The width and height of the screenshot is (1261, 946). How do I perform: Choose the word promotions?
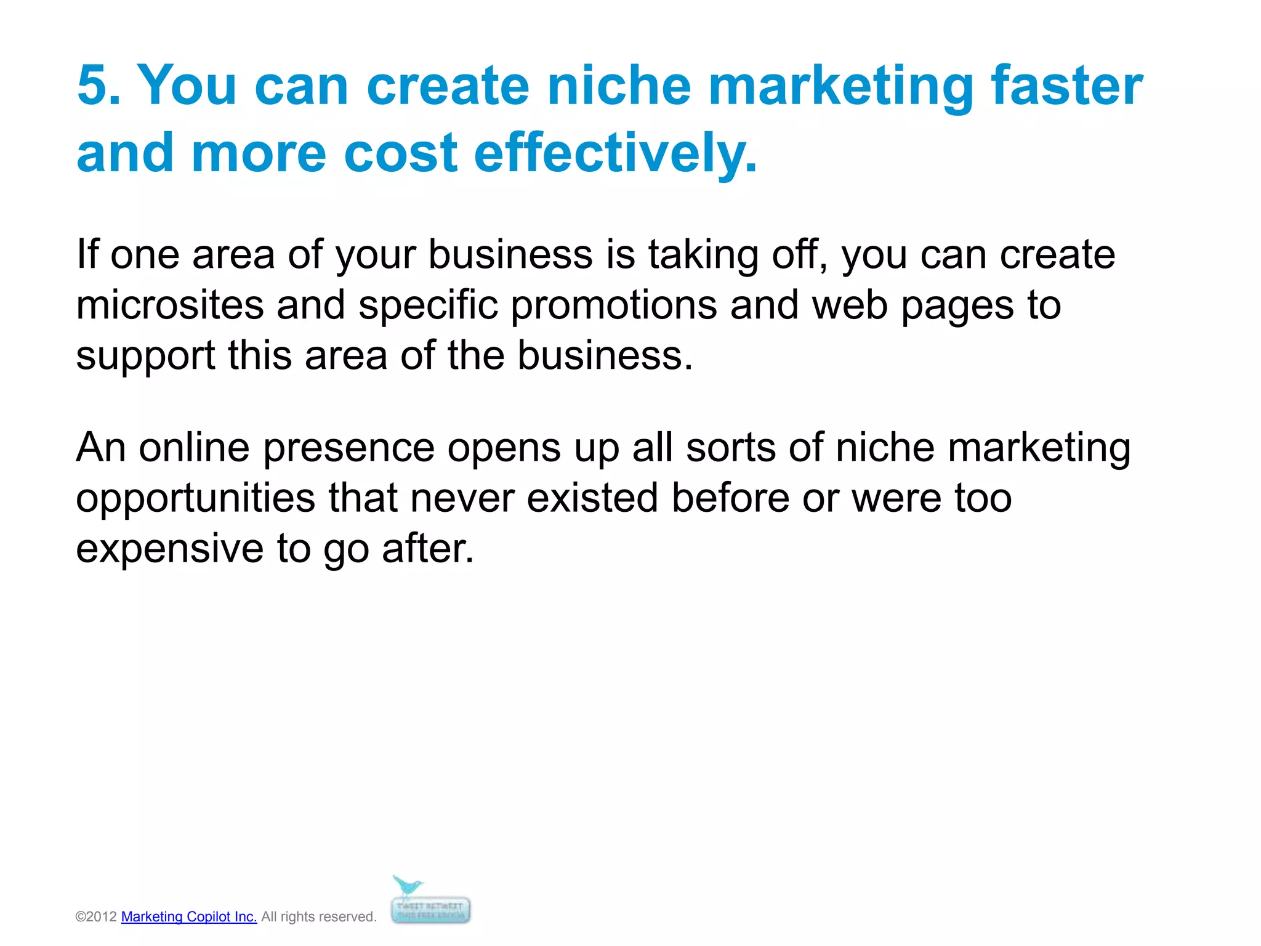[x=613, y=305]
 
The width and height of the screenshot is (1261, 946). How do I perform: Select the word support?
[x=145, y=356]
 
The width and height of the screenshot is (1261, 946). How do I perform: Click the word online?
[x=194, y=447]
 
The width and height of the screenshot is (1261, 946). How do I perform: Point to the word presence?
[x=349, y=447]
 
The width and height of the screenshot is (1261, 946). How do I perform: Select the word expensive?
[x=170, y=548]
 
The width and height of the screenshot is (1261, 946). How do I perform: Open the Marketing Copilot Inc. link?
[x=189, y=916]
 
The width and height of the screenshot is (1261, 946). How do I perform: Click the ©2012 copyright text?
[x=96, y=916]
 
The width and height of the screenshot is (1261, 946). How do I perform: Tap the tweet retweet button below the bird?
[x=430, y=910]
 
